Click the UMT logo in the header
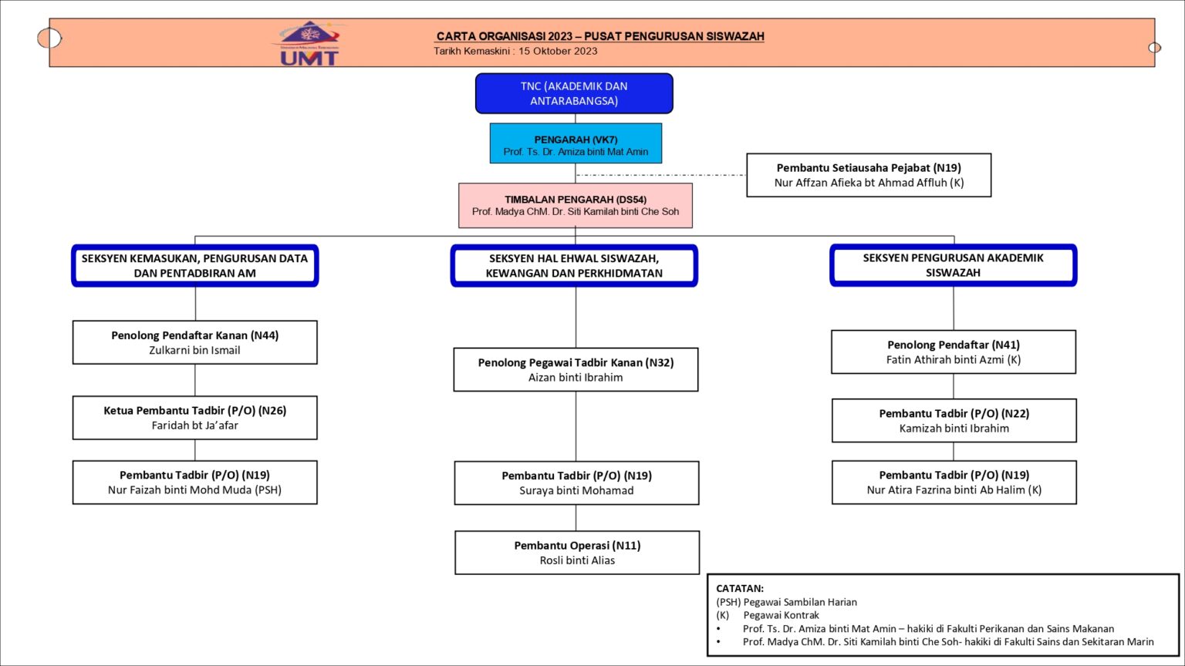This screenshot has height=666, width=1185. click(309, 44)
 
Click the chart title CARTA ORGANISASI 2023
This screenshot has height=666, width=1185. click(505, 36)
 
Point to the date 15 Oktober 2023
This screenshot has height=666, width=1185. click(558, 52)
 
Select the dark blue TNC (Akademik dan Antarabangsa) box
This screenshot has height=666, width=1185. click(574, 93)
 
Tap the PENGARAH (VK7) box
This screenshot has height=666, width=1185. click(576, 143)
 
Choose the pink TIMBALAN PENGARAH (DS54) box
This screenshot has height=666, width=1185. click(576, 205)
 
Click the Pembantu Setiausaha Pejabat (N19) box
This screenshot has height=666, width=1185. click(869, 175)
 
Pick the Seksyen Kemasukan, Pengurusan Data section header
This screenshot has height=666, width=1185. click(194, 265)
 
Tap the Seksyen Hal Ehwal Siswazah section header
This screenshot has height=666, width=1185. click(574, 265)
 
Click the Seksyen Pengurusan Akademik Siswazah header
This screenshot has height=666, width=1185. click(953, 265)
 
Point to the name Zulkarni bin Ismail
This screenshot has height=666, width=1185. click(194, 351)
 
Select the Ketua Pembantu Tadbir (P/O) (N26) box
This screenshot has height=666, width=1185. click(194, 417)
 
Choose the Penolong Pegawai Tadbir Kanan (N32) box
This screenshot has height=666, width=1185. click(576, 369)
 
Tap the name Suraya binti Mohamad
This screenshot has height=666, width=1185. click(576, 491)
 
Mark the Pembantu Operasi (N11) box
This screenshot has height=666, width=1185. click(577, 552)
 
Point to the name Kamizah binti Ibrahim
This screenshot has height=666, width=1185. click(954, 429)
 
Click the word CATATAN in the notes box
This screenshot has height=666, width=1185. click(740, 588)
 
